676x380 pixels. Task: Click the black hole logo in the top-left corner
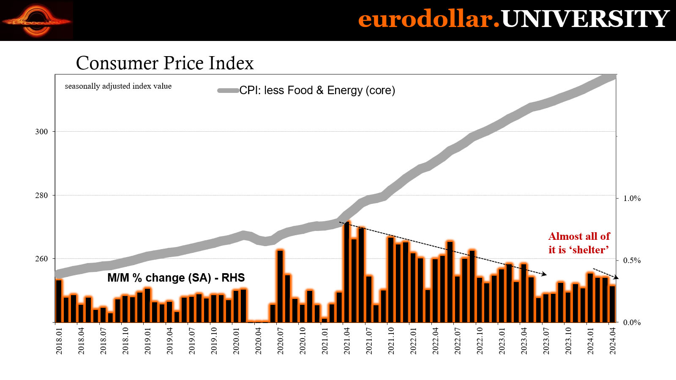tap(36, 20)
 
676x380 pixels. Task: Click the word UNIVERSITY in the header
tap(585, 19)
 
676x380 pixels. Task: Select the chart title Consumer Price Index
tap(165, 63)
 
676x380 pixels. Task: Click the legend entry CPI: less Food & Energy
tap(317, 90)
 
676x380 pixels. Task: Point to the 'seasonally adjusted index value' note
tap(118, 86)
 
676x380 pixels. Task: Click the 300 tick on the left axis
tap(41, 132)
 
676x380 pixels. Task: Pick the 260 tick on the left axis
tap(41, 259)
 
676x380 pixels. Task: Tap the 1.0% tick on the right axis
tap(632, 198)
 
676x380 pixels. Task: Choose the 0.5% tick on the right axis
tap(632, 261)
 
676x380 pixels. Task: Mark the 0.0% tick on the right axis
tap(632, 323)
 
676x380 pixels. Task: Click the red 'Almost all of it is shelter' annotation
tap(579, 243)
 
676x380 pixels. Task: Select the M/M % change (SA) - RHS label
tap(176, 278)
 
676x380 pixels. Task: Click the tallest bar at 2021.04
tap(347, 272)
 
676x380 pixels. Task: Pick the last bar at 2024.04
tap(612, 304)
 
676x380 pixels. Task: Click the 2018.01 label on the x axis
tap(59, 341)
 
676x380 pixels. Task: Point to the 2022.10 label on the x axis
tap(480, 341)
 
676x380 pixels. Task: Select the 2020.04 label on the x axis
tap(258, 341)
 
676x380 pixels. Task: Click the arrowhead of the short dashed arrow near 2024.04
tap(617, 278)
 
